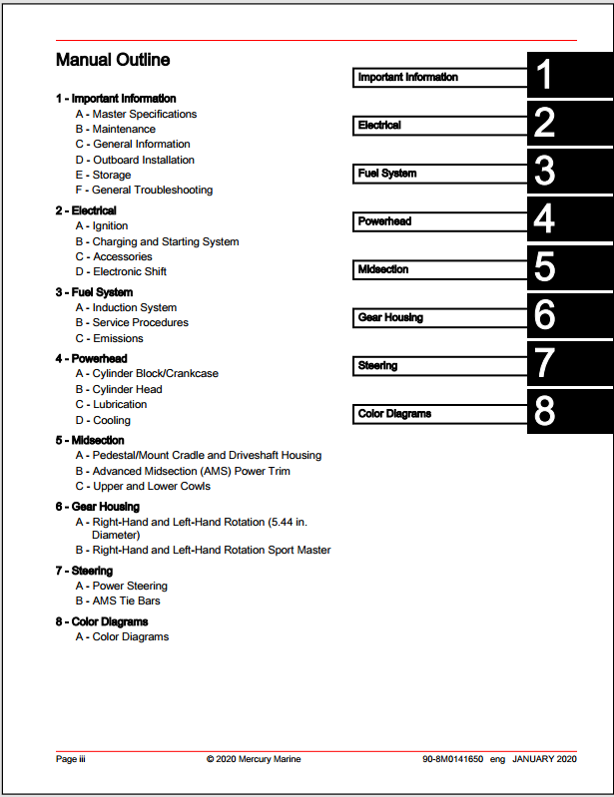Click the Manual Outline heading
tap(113, 60)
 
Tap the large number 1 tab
tap(544, 77)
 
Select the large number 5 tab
tap(544, 269)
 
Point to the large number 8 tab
tap(544, 413)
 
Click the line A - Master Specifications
tap(136, 114)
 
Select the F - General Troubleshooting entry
tap(144, 190)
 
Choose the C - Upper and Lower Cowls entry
tap(143, 486)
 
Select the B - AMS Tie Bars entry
tap(118, 600)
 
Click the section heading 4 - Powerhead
tap(92, 358)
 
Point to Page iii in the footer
tap(70, 759)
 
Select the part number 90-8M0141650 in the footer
tap(452, 759)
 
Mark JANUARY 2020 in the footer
tap(545, 759)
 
